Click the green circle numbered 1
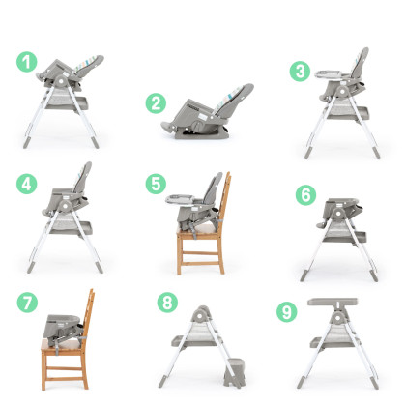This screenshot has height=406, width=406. pos(27,62)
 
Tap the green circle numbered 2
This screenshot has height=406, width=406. pos(156,103)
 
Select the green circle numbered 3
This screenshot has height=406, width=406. pos(300,71)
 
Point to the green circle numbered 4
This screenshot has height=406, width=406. pos(27,184)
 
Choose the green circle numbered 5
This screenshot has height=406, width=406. pos(156,184)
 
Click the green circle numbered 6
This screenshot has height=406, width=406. pos(305,194)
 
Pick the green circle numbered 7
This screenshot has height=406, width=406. pos(27,303)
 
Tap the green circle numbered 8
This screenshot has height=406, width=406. pos(167,303)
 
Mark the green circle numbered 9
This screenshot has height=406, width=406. pos(287,311)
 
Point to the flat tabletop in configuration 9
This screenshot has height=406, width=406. pos(333,302)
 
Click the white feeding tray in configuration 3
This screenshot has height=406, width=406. pos(332,74)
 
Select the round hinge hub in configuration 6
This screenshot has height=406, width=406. pos(337,213)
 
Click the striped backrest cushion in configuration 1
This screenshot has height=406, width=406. pos(85,64)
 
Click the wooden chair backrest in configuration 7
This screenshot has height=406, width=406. pos(89,310)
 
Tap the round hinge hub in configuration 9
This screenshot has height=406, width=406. pos(337,318)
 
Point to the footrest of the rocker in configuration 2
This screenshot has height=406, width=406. pos(168,126)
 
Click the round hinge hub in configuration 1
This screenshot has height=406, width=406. pos(60,81)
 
